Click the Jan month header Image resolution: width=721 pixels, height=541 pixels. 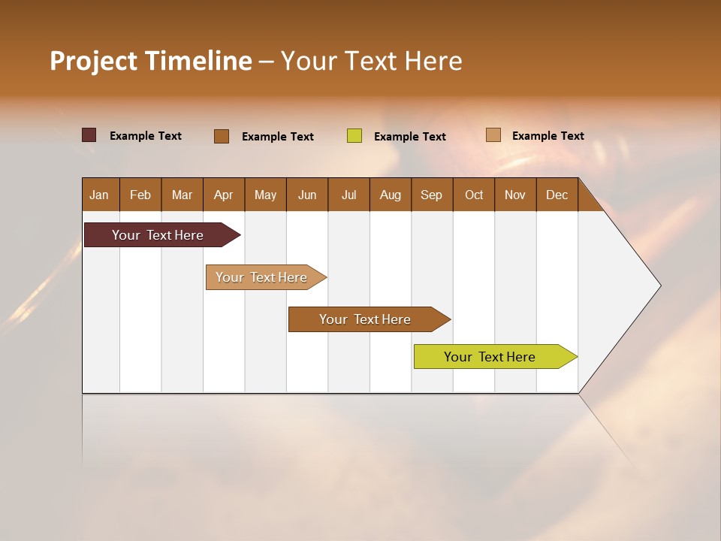pyautogui.click(x=100, y=195)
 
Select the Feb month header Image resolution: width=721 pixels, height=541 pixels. pyautogui.click(x=140, y=195)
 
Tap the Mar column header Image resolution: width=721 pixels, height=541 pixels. pyautogui.click(x=182, y=195)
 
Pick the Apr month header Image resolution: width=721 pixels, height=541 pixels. pyautogui.click(x=224, y=195)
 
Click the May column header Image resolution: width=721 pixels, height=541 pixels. pyautogui.click(x=265, y=195)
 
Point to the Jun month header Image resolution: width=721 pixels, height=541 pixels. pyautogui.click(x=307, y=195)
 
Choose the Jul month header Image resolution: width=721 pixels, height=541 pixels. pyautogui.click(x=348, y=195)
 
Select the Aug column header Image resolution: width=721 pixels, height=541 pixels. pyautogui.click(x=391, y=195)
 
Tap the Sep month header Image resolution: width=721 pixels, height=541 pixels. pyautogui.click(x=432, y=195)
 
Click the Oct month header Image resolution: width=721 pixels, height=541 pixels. pyautogui.click(x=474, y=195)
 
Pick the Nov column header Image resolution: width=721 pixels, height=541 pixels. pyautogui.click(x=515, y=195)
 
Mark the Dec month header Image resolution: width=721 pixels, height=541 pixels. pyautogui.click(x=557, y=195)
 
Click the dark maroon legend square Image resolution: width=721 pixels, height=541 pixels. pyautogui.click(x=89, y=135)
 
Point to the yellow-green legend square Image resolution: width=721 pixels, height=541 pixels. pyautogui.click(x=354, y=136)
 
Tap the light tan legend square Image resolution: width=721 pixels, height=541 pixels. pyautogui.click(x=493, y=135)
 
